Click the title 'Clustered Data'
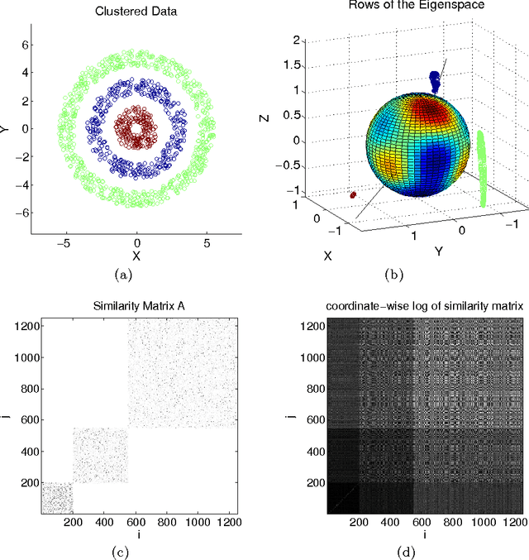click(x=136, y=12)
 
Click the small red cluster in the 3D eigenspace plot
click(x=354, y=195)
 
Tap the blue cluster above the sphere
click(x=436, y=80)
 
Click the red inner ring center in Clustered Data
click(x=137, y=128)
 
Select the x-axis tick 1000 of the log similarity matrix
click(x=466, y=523)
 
